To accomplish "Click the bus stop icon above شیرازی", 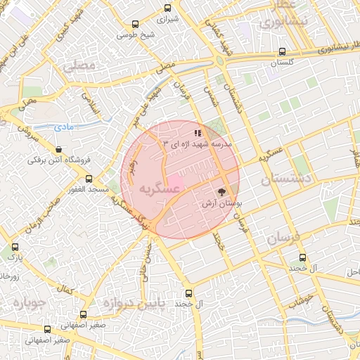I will click(167, 8).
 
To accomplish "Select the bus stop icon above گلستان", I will click(282, 51).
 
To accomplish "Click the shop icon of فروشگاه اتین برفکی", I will click(58, 149).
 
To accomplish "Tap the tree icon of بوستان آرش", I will click(222, 191).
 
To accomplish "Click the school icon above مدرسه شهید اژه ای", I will click(198, 132).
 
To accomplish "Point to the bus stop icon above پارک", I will click(15, 247).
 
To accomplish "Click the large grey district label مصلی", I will click(79, 67).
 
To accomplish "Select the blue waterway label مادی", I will click(63, 127).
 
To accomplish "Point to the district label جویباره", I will click(27, 304).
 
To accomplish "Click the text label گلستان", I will click(283, 63).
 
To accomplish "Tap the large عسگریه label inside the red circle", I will click(145, 189).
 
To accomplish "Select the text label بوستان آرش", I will click(219, 203).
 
